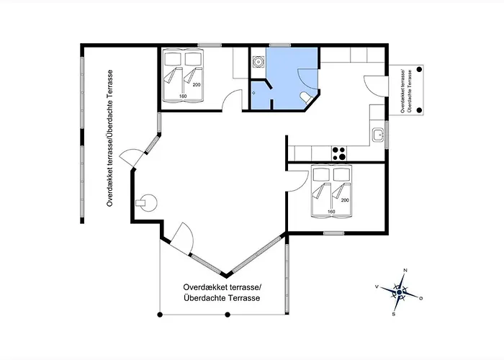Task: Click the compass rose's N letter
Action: click(x=405, y=270)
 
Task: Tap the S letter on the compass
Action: click(x=393, y=314)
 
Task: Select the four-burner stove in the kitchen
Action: click(x=339, y=153)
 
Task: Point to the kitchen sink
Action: click(x=378, y=135)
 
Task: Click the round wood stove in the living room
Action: click(x=147, y=203)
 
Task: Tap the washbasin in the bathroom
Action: click(x=258, y=61)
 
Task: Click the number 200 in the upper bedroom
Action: click(x=197, y=85)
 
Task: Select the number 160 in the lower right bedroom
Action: click(x=331, y=212)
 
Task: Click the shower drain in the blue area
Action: click(x=253, y=93)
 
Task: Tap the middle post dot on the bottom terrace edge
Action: click(x=228, y=315)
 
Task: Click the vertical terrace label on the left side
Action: click(x=110, y=138)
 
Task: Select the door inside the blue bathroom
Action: click(x=308, y=79)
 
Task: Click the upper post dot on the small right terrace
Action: click(x=419, y=69)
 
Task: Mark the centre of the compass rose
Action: click(x=399, y=292)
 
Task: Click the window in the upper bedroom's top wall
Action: click(x=210, y=45)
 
